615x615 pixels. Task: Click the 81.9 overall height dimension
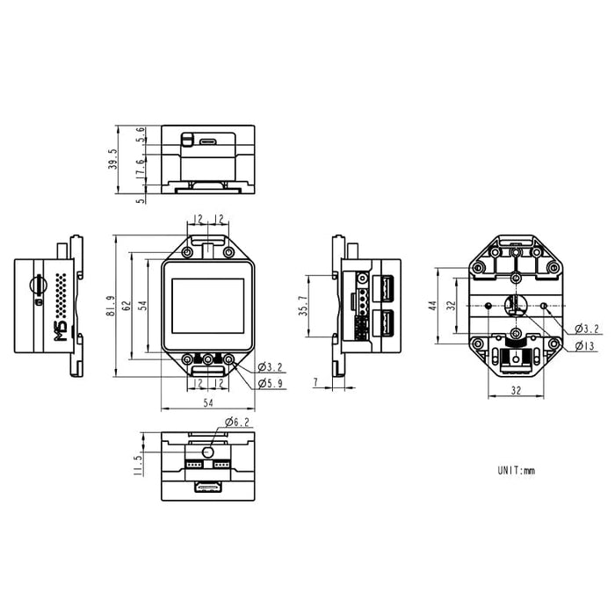[111, 306]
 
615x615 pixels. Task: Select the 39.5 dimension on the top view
[113, 159]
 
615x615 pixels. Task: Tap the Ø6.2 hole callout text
[237, 422]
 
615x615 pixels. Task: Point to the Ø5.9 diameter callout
[271, 383]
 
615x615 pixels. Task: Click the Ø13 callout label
[585, 346]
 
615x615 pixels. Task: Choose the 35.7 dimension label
[303, 306]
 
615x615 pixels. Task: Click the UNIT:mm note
[517, 470]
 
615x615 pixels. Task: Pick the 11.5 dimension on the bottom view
[138, 466]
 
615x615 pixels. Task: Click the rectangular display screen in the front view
[208, 306]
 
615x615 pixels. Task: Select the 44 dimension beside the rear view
[432, 306]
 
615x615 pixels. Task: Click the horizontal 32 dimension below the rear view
[517, 390]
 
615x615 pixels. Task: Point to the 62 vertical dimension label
[127, 306]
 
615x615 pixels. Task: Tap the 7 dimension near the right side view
[316, 381]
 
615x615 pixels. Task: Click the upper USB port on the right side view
[383, 289]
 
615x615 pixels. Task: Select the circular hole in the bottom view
[208, 452]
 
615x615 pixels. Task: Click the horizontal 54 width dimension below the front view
[208, 402]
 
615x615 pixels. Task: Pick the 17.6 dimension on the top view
[140, 169]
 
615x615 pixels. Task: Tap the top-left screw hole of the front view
[188, 252]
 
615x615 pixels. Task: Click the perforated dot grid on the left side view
[61, 295]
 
